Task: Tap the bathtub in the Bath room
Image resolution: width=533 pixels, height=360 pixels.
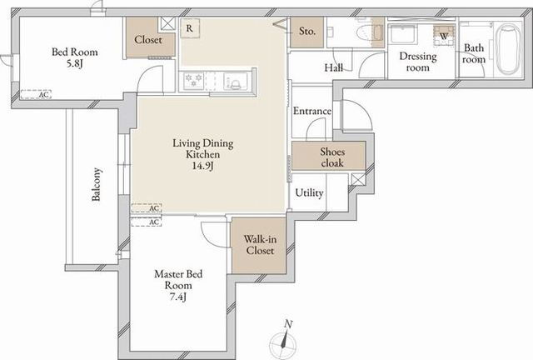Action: point(508,49)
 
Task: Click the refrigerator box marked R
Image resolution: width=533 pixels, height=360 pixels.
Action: point(190,27)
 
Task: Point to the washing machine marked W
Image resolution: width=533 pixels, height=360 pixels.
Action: point(444,35)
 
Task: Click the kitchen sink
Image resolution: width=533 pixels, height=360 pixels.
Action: point(235,81)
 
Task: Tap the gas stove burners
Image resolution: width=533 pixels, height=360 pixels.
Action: point(193,81)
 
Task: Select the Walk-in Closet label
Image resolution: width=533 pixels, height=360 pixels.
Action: point(260,245)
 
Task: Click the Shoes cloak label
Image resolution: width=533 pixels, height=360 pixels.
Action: point(332,157)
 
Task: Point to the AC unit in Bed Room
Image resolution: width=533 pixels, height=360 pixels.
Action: point(36,94)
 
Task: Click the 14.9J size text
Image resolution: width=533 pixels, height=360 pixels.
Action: point(203,166)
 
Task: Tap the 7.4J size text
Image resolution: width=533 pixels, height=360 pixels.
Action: point(178,297)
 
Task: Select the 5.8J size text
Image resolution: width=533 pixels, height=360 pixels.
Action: point(75,63)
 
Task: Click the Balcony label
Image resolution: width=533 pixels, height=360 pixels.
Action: point(97,184)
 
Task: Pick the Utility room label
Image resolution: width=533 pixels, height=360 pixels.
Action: point(309,193)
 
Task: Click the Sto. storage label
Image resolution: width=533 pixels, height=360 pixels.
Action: point(307,32)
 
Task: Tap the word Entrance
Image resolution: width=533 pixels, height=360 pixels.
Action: point(312,111)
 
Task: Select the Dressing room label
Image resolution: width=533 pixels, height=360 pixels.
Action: point(418,61)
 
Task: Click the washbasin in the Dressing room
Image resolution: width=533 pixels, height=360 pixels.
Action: point(403,33)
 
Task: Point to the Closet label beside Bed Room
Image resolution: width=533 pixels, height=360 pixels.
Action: point(148,39)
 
